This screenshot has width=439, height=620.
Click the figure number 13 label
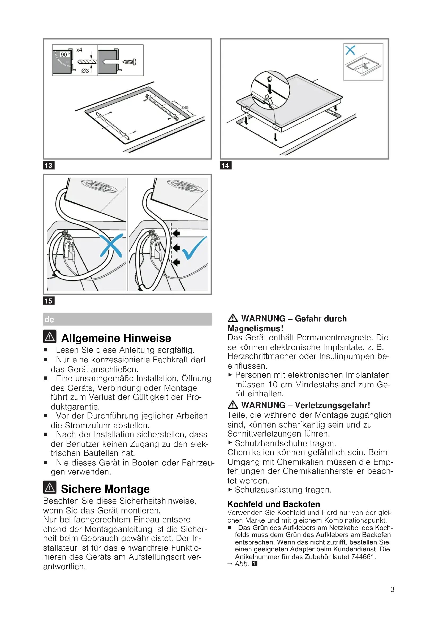(x=48, y=165)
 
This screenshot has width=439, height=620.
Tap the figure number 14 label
(x=225, y=165)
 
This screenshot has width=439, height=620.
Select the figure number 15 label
(x=48, y=301)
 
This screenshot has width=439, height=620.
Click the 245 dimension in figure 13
(x=185, y=107)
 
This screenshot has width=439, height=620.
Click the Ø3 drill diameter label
(x=85, y=71)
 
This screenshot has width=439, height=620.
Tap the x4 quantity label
(x=79, y=50)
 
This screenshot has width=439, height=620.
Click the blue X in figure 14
(x=350, y=50)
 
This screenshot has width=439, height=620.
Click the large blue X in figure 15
(x=111, y=245)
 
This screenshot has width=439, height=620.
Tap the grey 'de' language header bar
(x=127, y=319)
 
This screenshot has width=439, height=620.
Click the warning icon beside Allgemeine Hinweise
(x=50, y=336)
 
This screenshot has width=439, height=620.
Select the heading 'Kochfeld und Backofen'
(x=274, y=504)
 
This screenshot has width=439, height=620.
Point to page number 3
(x=392, y=590)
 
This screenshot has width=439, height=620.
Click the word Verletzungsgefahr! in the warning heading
(x=332, y=405)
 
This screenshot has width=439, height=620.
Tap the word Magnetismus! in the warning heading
(x=255, y=328)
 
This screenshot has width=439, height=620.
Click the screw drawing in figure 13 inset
(x=130, y=62)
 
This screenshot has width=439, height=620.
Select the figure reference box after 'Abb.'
(x=254, y=564)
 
